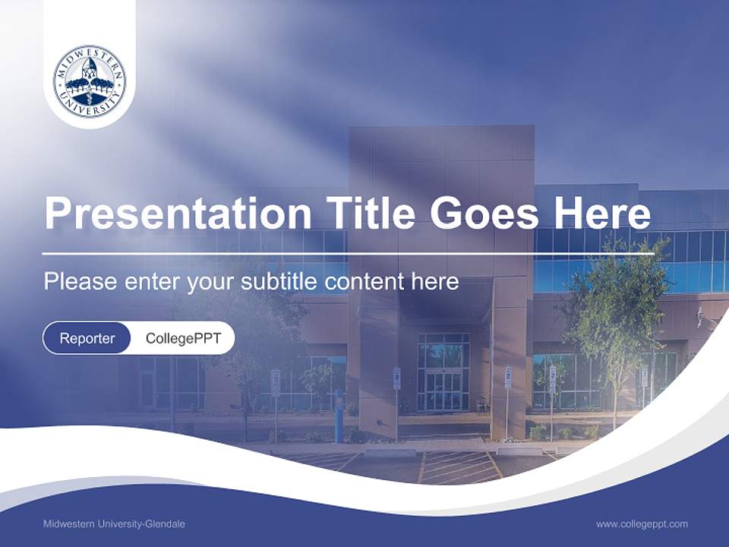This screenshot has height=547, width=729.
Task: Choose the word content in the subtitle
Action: [363, 282]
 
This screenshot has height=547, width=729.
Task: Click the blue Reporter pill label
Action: [87, 338]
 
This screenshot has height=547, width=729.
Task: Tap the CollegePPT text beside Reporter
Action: [183, 338]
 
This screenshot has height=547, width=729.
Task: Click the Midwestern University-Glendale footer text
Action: [114, 524]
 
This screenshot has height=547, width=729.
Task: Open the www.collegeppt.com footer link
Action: [642, 524]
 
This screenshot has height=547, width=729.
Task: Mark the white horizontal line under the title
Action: [348, 254]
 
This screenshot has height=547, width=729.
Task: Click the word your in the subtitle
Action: [210, 283]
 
